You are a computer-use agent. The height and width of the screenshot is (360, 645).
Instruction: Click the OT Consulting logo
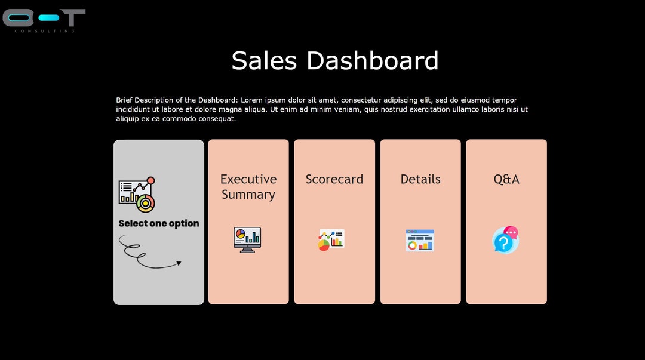(44, 20)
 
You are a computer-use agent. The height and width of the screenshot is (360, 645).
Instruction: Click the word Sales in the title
(264, 61)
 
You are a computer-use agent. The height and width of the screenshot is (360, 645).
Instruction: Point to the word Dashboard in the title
(373, 61)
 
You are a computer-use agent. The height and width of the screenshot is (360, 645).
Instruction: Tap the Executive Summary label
(248, 186)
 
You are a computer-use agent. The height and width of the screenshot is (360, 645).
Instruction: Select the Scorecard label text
(334, 179)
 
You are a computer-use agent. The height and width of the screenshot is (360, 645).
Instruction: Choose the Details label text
(420, 179)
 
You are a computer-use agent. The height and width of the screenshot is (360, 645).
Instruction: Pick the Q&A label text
(506, 179)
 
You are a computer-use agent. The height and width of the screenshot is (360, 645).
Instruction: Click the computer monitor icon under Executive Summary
(247, 240)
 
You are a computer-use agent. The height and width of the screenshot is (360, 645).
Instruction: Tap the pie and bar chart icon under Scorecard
(331, 240)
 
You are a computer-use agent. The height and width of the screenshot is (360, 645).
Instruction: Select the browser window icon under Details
(420, 240)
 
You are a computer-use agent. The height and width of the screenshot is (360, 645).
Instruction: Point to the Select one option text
(159, 223)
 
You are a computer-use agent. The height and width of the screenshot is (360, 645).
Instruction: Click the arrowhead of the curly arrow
(179, 263)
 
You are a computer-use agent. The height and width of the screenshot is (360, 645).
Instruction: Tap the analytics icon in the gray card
(137, 195)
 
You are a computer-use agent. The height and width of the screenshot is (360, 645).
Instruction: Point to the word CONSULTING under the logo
(45, 31)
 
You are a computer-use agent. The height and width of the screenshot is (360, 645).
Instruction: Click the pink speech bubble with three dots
(511, 232)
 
